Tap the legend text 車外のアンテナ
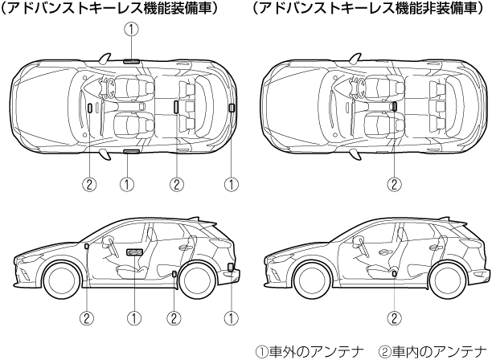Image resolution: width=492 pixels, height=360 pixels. tap(301, 351)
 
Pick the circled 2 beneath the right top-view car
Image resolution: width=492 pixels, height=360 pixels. tap(394, 184)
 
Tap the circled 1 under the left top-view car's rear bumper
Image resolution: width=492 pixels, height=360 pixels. tap(232, 184)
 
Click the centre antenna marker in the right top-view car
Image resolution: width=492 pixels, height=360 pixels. tap(394, 106)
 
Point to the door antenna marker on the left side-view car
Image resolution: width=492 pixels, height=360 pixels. tap(133, 253)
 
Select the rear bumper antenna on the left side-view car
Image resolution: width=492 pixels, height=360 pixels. tap(232, 268)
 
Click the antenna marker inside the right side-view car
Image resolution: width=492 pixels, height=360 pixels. tap(394, 276)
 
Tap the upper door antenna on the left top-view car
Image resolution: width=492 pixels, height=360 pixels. tap(131, 61)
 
